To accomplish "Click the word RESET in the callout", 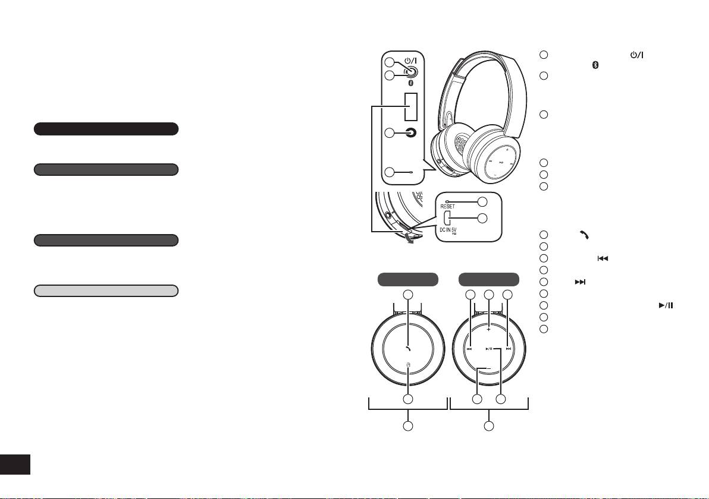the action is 448,206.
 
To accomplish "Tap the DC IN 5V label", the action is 448,230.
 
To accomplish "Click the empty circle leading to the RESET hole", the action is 482,201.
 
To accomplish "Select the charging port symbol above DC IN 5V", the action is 446,219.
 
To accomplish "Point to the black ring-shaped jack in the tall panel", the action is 410,132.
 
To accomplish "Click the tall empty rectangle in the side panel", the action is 410,106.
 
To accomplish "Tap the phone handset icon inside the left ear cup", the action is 408,348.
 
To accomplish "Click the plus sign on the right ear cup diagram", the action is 489,329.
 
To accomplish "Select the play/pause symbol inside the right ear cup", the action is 490,349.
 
